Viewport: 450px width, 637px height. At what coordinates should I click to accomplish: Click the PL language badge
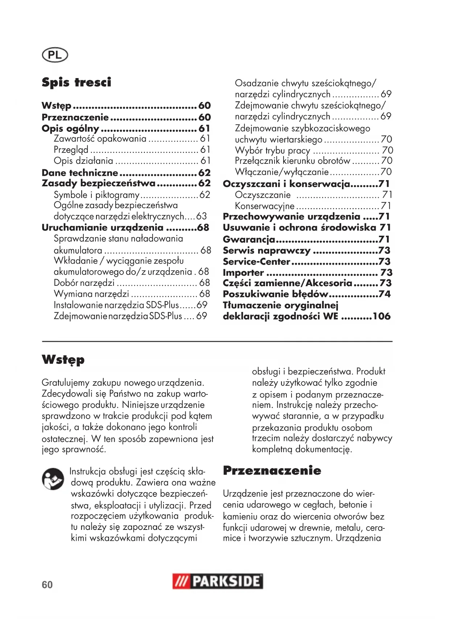click(55, 55)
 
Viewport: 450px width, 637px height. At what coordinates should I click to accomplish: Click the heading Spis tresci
click(77, 82)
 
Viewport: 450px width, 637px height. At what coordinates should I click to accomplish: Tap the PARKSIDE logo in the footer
click(218, 581)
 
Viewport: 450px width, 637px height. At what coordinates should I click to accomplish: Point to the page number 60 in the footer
click(47, 585)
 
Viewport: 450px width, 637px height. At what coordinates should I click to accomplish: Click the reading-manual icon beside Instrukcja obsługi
click(53, 479)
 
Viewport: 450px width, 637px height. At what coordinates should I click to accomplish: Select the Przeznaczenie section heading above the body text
click(272, 471)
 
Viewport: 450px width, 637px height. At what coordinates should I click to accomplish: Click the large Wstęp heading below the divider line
click(63, 360)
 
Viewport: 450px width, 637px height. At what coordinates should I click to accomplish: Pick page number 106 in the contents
click(381, 316)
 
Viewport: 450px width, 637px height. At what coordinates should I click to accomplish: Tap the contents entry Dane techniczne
click(80, 173)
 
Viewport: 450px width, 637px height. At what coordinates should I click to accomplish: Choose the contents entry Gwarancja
click(249, 240)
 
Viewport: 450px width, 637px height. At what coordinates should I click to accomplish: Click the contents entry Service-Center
click(256, 262)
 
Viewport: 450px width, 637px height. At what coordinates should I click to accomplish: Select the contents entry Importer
click(243, 273)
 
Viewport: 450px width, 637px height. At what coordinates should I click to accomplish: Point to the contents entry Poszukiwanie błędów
click(275, 294)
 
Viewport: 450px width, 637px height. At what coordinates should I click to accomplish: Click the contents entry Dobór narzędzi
click(84, 283)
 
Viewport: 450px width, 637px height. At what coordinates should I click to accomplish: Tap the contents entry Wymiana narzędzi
click(91, 294)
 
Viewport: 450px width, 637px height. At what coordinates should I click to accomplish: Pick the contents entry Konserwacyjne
click(265, 206)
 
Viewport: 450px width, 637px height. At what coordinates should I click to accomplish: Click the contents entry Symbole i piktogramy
click(96, 195)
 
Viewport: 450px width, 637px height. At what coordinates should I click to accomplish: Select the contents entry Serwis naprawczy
click(267, 251)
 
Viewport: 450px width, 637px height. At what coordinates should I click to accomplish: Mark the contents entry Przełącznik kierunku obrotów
click(293, 161)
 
